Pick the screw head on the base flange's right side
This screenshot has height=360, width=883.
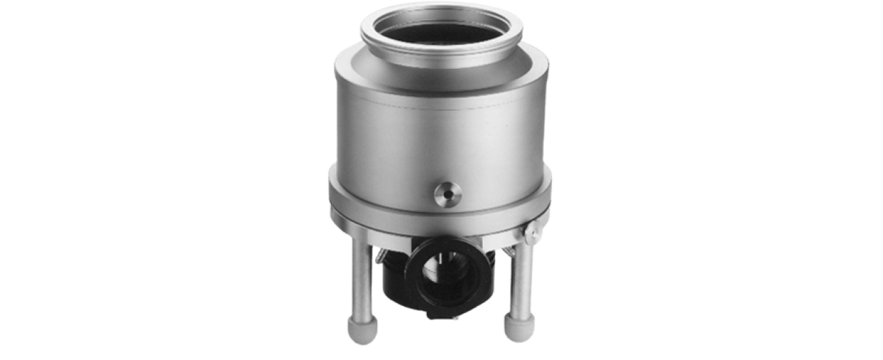(532, 232)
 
